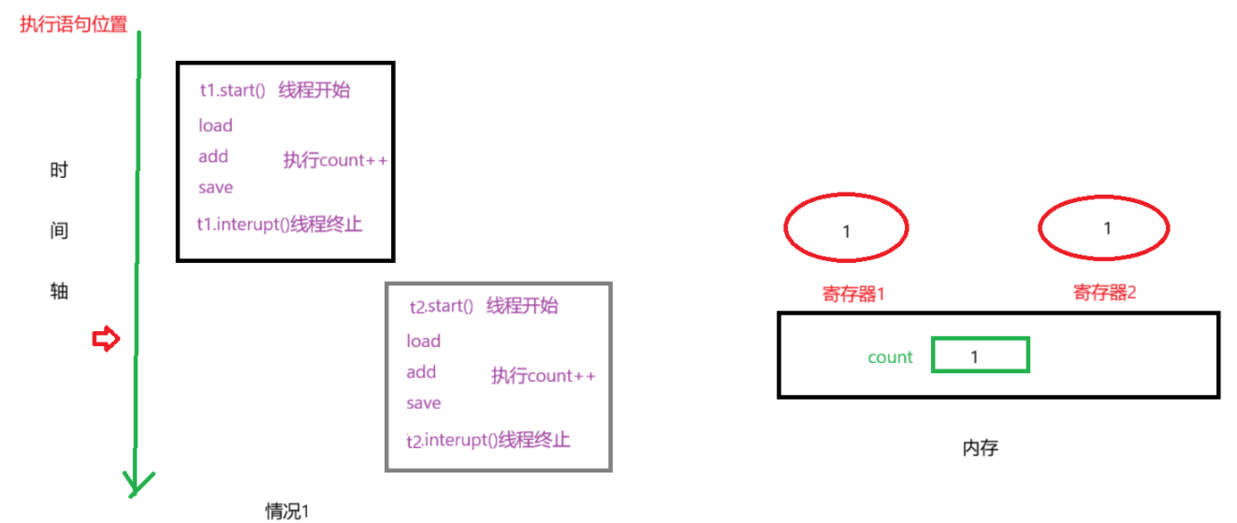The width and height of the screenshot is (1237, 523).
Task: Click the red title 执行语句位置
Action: click(x=73, y=24)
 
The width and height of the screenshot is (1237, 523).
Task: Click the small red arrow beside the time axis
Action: click(x=106, y=340)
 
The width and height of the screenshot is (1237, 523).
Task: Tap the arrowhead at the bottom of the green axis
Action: click(x=138, y=485)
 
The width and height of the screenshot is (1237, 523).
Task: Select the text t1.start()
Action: click(x=233, y=91)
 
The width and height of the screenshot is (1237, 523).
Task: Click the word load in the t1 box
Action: click(x=215, y=125)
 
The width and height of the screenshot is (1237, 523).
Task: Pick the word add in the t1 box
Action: click(x=213, y=156)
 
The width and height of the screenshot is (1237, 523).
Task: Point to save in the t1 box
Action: click(x=215, y=187)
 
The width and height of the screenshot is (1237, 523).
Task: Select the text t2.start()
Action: click(x=442, y=307)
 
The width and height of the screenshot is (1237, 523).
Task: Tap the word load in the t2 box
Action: click(x=423, y=341)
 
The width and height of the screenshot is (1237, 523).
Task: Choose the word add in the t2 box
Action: click(x=421, y=372)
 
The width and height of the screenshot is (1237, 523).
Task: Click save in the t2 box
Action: click(x=423, y=403)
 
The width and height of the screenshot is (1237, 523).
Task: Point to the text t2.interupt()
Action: click(x=452, y=440)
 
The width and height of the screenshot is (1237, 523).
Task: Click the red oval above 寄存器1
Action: click(x=846, y=227)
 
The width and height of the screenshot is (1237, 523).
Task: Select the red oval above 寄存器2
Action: click(x=1104, y=226)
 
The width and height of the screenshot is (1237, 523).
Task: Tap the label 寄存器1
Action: click(x=853, y=294)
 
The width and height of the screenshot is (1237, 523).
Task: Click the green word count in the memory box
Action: click(x=890, y=357)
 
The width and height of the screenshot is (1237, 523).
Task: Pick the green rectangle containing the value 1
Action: click(x=980, y=356)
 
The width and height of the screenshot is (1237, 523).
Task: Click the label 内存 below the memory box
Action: click(x=980, y=448)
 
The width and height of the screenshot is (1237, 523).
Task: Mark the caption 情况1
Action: click(x=287, y=511)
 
